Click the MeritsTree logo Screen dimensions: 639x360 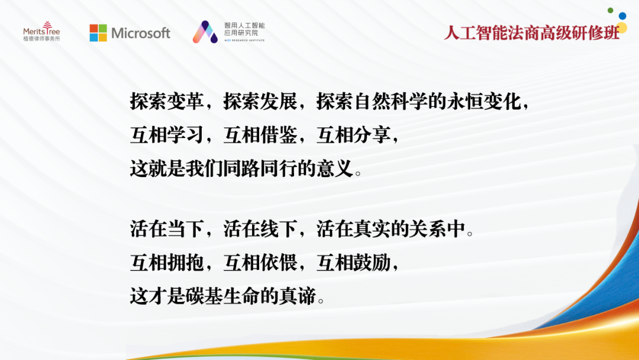(41, 31)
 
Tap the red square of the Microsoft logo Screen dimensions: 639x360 (93, 28)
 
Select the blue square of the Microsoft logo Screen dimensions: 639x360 (93, 37)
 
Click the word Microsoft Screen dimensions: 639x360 (141, 33)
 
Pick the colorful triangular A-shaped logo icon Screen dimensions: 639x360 (205, 32)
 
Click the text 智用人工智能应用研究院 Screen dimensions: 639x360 (244, 29)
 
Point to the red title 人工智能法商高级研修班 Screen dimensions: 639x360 (532, 33)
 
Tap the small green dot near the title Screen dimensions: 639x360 (610, 10)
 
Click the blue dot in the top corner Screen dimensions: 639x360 (622, 16)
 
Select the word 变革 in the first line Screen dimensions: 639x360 (185, 101)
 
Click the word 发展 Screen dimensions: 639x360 (279, 101)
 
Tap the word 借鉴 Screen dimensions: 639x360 (279, 135)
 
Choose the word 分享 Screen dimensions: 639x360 (372, 135)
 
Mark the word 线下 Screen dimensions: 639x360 (279, 229)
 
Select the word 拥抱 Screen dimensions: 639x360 (185, 262)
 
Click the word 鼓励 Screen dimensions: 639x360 (372, 262)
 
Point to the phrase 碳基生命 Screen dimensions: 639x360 (222, 296)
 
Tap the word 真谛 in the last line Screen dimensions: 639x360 (297, 296)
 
